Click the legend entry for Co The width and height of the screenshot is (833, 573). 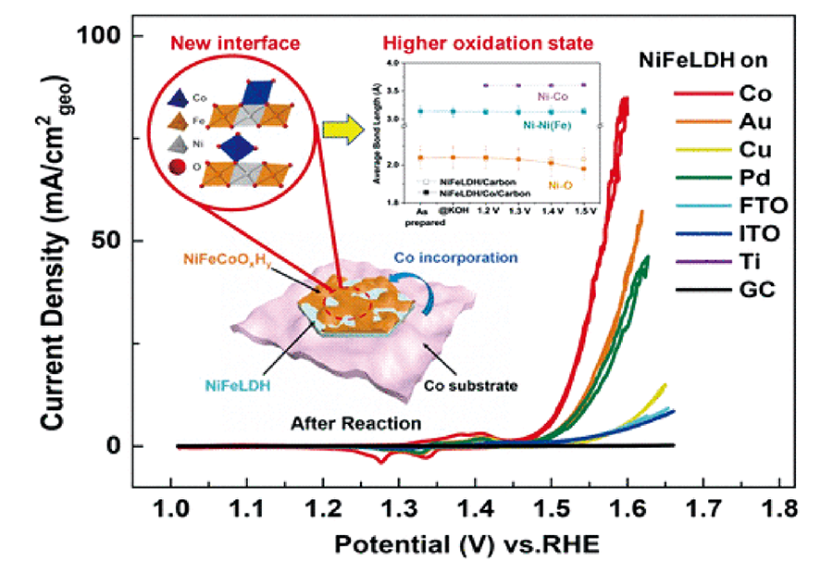(750, 93)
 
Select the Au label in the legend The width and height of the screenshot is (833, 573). (750, 121)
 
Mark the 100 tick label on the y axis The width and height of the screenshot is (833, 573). (98, 36)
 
